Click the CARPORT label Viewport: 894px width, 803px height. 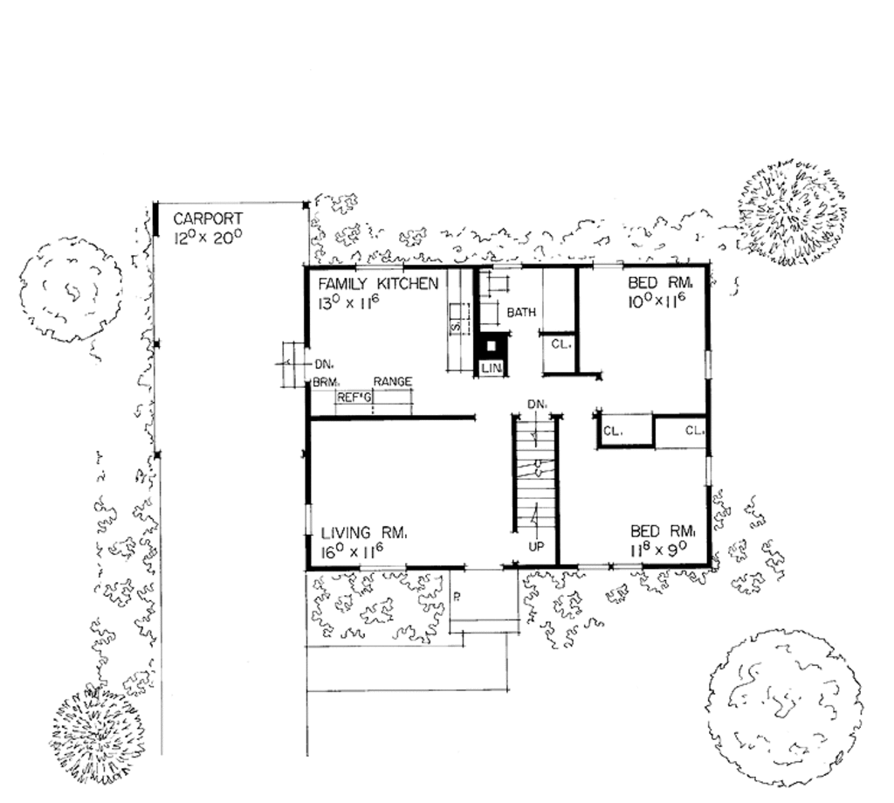(x=208, y=218)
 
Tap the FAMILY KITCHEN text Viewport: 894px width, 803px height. (x=377, y=284)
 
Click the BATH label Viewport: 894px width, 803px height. (x=521, y=312)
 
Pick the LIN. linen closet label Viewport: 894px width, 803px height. (x=492, y=370)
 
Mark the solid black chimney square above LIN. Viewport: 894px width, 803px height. (x=491, y=344)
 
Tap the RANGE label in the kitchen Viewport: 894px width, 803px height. (x=392, y=382)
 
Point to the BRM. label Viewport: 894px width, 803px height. (x=326, y=383)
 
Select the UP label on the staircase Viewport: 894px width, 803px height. (x=537, y=545)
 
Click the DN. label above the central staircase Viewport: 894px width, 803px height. (x=538, y=404)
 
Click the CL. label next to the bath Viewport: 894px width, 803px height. (x=560, y=344)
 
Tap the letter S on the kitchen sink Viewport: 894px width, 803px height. (x=455, y=326)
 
